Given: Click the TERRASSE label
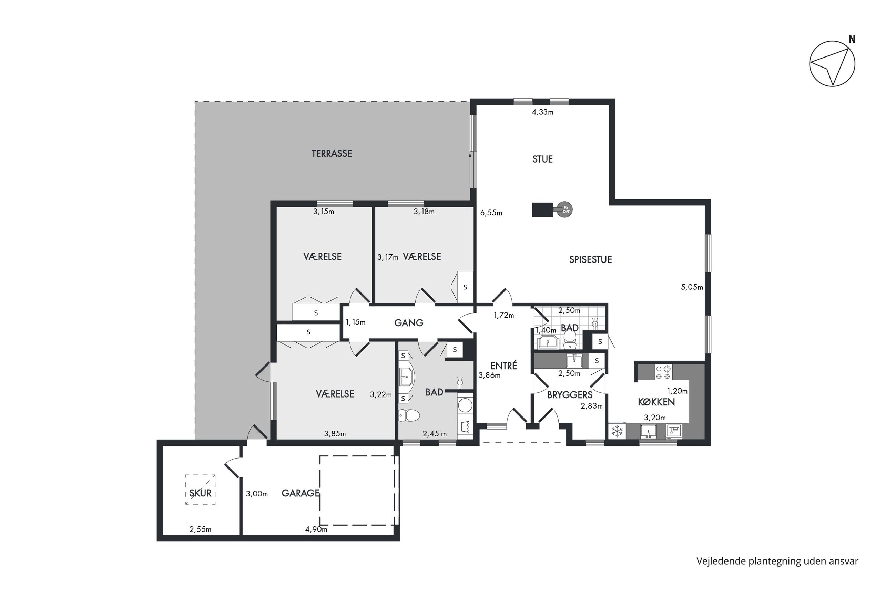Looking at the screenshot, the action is pos(332,153).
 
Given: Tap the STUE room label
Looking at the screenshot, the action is pos(542,159).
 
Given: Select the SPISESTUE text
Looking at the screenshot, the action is pos(590,260).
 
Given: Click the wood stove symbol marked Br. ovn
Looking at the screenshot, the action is pos(565,209).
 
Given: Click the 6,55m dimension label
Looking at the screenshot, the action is pos(491,213).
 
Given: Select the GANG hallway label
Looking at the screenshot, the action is pos(409,323).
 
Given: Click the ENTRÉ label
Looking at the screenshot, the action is pos(503,366).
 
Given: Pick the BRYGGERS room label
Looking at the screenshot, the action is pos(570,395).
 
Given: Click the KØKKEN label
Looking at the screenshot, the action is pos(656,402).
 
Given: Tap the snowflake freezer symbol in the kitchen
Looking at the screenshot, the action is pos(617,431).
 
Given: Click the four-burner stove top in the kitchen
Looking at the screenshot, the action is pos(663,372).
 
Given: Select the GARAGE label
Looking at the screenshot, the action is pos(300,493).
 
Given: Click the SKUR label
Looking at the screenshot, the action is pos(200,493).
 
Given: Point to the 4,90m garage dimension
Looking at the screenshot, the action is pos(316,529).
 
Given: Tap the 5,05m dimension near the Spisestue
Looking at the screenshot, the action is pos(692,287).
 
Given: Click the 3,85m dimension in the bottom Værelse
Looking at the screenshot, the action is pos(335,434).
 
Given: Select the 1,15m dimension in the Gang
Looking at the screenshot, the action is pos(355,322).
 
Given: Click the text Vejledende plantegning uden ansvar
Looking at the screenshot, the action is pos(777,561).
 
